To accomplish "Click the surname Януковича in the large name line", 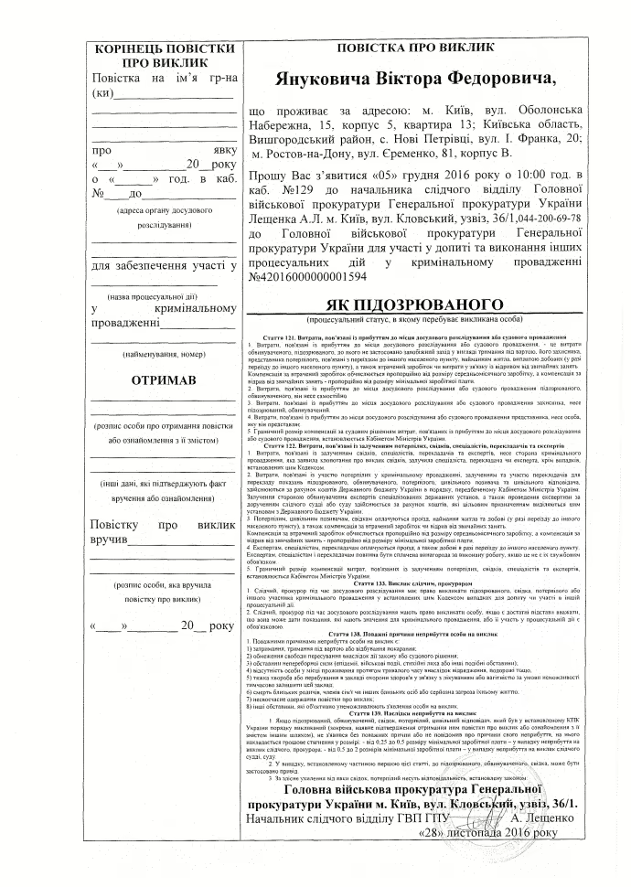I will (335, 80).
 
